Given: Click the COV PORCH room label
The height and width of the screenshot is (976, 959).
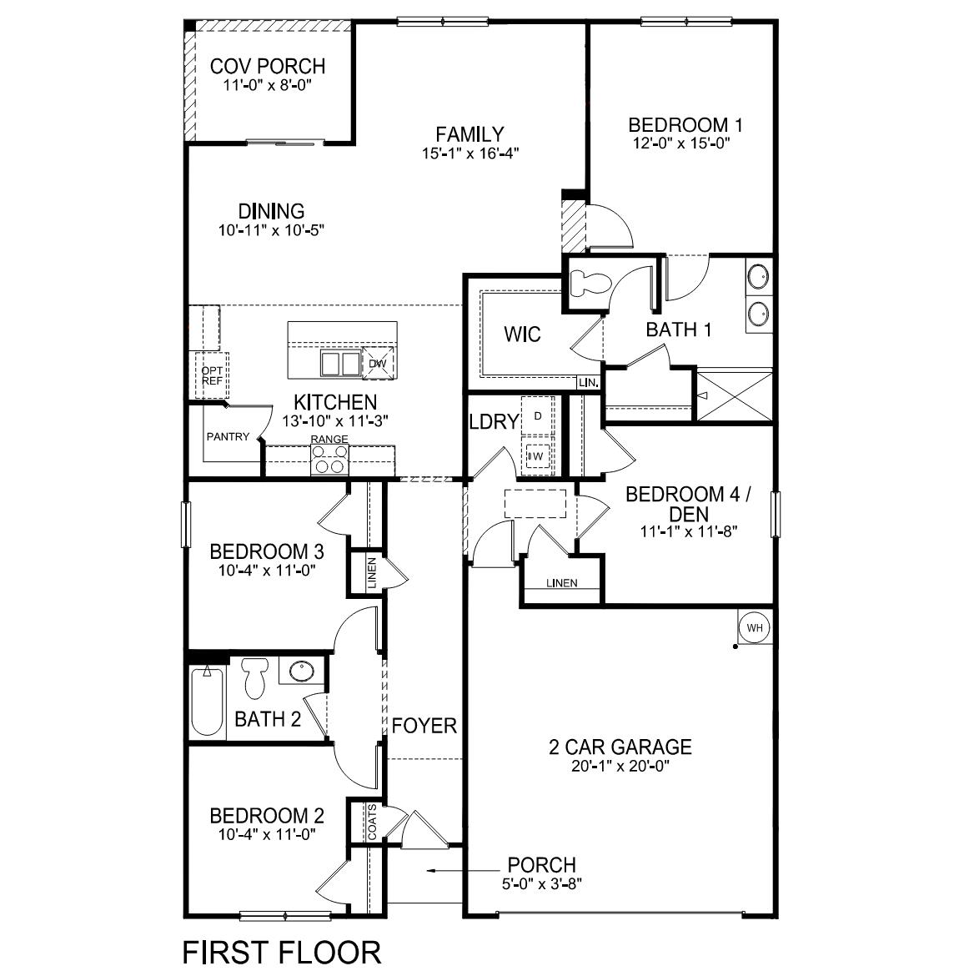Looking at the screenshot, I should coord(267,66).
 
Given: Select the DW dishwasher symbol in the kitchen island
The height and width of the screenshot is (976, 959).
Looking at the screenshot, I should coord(377,364).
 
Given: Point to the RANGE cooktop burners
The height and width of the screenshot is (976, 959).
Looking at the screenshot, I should coord(329,460).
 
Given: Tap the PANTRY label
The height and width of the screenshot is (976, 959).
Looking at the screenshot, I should coord(228,436).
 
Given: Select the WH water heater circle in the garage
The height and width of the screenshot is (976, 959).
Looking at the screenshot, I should coord(754,627).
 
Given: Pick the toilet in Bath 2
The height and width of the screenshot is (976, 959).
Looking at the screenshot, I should coord(254,677).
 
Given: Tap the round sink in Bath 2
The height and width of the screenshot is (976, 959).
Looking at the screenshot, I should coord(298,670).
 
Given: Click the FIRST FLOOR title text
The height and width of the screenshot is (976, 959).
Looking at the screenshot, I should coord(281,952).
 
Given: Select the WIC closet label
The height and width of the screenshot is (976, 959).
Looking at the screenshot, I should coord(522,335).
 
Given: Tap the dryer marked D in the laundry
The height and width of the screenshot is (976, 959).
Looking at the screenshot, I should coord(538,415).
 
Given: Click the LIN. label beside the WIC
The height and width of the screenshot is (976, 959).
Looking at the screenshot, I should coord(588,383).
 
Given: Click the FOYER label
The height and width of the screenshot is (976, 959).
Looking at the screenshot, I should coord(424,726).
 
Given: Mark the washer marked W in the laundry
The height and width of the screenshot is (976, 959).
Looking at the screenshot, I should coord(536,456).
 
